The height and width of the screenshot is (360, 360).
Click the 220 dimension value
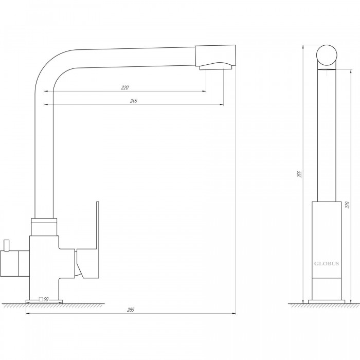(x=125, y=87)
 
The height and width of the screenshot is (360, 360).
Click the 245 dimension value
(x=134, y=101)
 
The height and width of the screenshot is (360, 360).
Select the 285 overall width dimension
(x=131, y=310)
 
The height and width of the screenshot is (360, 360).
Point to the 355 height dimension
(x=299, y=174)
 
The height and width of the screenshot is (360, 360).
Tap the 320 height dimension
(x=347, y=205)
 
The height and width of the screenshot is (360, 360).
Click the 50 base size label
(x=46, y=299)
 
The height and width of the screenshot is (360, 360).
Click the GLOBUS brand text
(x=327, y=263)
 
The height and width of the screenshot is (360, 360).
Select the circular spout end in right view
(x=327, y=56)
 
